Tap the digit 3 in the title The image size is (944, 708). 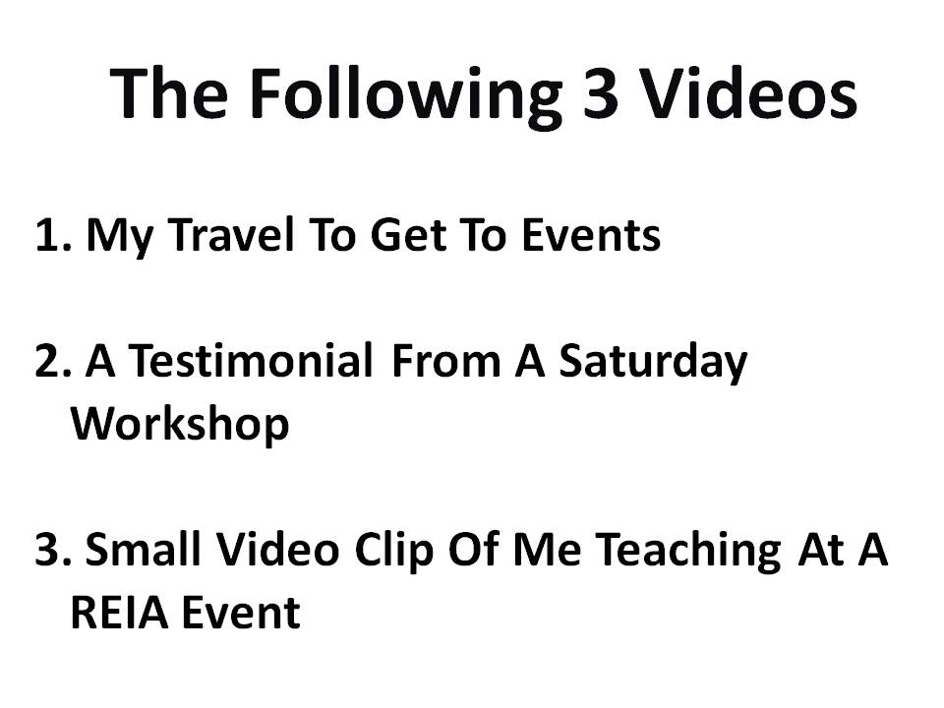600,93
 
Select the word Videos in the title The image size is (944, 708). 747,92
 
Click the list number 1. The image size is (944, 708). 53,234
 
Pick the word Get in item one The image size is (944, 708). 407,234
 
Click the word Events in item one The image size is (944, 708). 591,234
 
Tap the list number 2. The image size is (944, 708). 53,361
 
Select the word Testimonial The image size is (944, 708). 251,360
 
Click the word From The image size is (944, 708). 445,361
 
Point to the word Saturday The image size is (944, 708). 653,362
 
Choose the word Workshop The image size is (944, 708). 180,424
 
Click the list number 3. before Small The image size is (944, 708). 53,549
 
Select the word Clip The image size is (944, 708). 393,550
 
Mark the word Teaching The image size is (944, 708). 689,550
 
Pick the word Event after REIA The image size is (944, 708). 241,612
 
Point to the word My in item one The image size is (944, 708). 120,236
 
